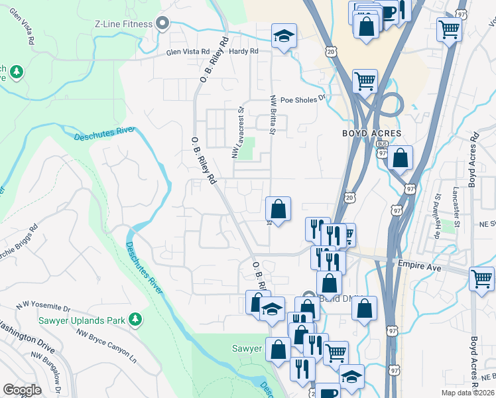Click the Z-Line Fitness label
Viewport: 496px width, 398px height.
[x=124, y=24]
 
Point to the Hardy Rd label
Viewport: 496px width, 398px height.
[x=244, y=50]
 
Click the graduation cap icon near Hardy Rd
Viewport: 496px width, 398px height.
[x=284, y=36]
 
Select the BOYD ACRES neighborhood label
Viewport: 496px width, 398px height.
[x=371, y=133]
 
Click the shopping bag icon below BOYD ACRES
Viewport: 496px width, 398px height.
[x=400, y=159]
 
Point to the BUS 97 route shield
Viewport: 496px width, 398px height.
[x=381, y=147]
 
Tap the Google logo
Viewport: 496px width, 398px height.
[x=22, y=390]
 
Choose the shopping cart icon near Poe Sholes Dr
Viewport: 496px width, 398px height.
[x=365, y=81]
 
